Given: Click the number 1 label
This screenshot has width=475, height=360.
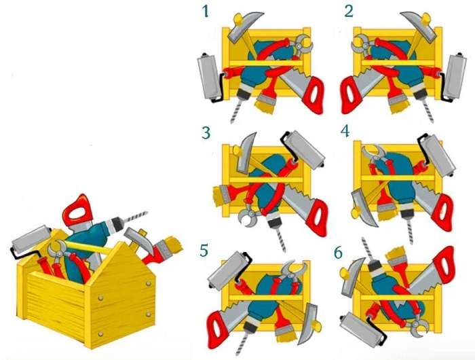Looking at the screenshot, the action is (206, 12).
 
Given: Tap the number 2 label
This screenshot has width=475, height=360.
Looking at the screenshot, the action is (349, 12).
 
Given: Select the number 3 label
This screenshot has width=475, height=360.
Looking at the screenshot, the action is (206, 133).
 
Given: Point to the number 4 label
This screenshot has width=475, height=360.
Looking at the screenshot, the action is (345, 131).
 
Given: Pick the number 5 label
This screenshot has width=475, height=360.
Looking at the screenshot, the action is (204, 251).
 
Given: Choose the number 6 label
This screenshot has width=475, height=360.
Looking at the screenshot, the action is (339, 253).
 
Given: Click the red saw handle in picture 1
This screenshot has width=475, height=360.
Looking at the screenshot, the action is (313, 94).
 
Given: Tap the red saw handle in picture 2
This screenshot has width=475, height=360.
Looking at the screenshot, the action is (351, 94).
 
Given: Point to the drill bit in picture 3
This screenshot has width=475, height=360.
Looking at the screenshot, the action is (280, 239).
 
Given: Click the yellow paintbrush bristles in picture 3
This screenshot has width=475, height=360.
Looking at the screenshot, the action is (217, 196).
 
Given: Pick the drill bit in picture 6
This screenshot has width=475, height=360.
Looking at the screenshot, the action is (367, 249).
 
